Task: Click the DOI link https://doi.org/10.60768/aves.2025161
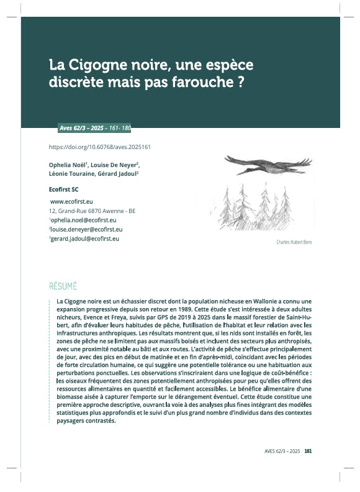100,147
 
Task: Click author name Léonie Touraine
70,174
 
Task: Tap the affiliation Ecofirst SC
63,188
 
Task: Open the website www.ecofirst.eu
71,202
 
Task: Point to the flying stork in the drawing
267,164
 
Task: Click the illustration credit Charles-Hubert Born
294,242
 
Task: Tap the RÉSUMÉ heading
63,286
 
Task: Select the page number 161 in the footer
308,452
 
